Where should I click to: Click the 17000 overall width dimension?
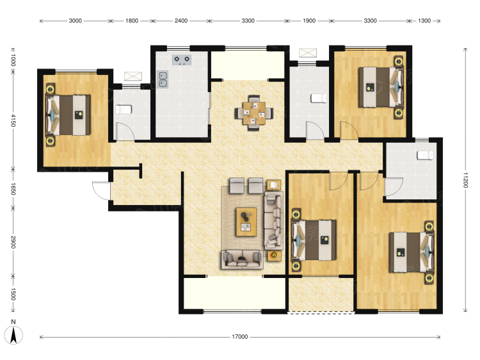pos(240,337)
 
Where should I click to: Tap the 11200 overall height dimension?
pos(465,180)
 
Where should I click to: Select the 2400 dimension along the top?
pos(181,21)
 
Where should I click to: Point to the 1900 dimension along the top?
pos(309,21)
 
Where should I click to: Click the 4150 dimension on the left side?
pos(13,120)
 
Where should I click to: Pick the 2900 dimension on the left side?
pos(13,242)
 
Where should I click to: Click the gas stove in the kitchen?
pos(182,60)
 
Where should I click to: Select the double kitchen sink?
pos(163,79)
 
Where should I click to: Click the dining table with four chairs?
pos(254,113)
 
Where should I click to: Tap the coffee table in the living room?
pos(246,222)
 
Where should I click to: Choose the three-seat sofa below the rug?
pos(242,260)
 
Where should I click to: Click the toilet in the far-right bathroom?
pos(425,155)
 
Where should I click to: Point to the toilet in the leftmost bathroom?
pos(124,110)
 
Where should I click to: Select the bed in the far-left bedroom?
pos(68,115)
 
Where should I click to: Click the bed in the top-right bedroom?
pos(381,87)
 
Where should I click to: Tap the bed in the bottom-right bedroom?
pos(412,252)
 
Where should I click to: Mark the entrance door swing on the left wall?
pos(100,191)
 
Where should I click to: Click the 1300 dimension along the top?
pos(424,21)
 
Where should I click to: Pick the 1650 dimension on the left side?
pos(13,189)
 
